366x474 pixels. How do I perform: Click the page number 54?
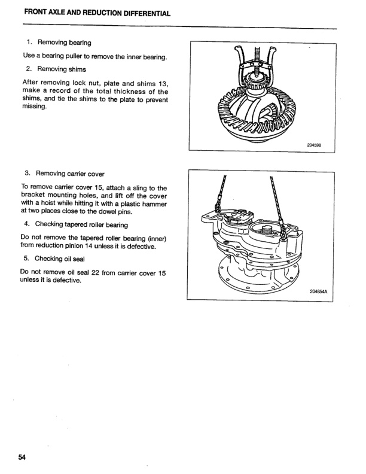[x=22, y=458]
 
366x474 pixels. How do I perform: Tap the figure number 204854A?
[x=320, y=291]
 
